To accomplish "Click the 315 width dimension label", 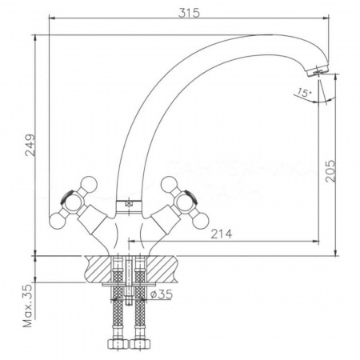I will (187, 12).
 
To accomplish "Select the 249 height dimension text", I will (30, 144).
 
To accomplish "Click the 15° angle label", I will (301, 92).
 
